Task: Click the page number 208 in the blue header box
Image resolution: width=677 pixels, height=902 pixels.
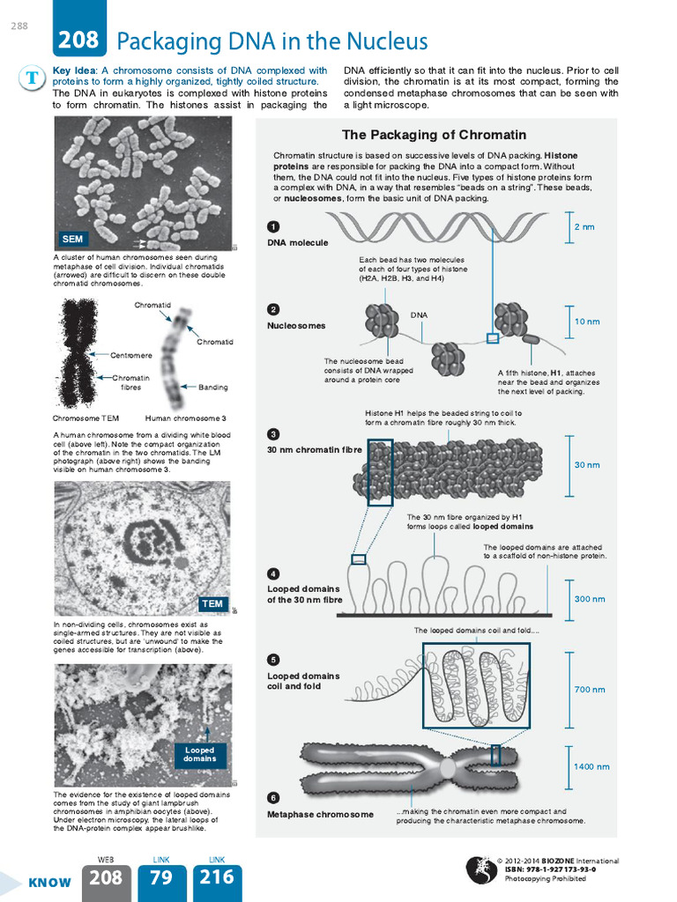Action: click(x=80, y=41)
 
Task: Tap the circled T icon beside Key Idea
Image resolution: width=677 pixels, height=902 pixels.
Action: click(x=32, y=78)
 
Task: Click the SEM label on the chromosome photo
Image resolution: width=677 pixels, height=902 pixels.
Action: click(x=72, y=239)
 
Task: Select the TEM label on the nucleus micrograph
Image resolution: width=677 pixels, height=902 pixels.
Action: click(x=212, y=603)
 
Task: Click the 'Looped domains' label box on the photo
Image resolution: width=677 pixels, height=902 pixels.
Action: click(x=200, y=754)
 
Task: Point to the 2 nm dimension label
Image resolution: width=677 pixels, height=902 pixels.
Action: click(x=584, y=226)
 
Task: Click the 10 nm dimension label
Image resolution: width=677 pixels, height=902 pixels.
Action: click(x=587, y=322)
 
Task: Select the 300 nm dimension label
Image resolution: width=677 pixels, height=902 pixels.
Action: click(x=590, y=599)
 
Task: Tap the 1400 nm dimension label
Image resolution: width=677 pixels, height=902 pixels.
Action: click(x=591, y=766)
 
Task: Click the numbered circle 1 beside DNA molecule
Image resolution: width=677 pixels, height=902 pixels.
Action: click(x=273, y=226)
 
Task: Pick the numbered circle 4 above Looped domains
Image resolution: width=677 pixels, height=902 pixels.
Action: click(x=273, y=573)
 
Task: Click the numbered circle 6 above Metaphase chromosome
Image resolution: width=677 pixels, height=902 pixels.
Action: click(x=273, y=798)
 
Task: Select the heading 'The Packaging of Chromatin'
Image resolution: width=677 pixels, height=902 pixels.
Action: click(x=434, y=135)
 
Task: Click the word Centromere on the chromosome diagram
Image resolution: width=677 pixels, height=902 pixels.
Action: click(x=131, y=355)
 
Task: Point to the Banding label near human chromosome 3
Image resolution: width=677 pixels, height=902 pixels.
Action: click(x=213, y=387)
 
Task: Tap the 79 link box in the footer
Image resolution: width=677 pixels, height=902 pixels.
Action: click(x=160, y=878)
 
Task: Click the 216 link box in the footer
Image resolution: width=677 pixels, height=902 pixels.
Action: click(x=217, y=878)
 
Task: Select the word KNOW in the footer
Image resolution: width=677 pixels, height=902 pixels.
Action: click(x=49, y=883)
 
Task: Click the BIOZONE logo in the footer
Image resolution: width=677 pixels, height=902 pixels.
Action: click(x=480, y=869)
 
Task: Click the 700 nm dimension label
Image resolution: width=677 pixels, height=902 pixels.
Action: click(x=590, y=690)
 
